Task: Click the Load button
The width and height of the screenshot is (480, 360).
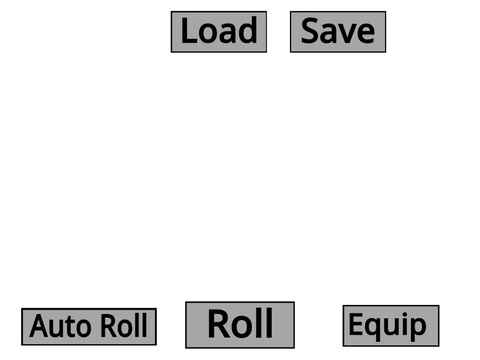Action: (x=219, y=32)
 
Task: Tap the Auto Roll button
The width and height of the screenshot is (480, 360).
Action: (x=89, y=327)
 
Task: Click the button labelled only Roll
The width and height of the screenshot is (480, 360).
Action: (x=240, y=325)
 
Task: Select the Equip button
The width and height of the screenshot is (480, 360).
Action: (x=391, y=326)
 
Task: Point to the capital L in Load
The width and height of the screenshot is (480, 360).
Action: (x=189, y=31)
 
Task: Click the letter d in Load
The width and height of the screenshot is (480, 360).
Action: (x=248, y=30)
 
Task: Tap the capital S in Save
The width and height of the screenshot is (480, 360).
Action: (x=309, y=31)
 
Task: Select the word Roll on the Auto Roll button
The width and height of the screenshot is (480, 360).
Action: (x=124, y=325)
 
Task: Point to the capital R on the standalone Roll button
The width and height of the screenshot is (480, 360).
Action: (x=219, y=324)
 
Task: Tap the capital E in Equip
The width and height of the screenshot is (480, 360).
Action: (x=356, y=324)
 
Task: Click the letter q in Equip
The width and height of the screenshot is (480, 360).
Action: (x=373, y=328)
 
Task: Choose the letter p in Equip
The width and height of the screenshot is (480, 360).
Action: (x=417, y=328)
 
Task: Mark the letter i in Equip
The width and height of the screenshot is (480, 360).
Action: (x=404, y=324)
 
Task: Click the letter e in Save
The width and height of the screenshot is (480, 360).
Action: (x=366, y=34)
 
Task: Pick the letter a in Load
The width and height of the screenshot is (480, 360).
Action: (x=229, y=34)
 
